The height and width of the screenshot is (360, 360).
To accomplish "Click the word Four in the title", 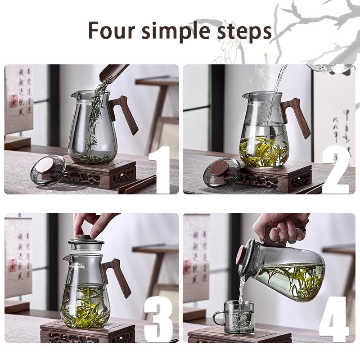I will (107, 30).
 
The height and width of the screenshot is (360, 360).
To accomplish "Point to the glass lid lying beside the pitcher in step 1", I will (47, 170).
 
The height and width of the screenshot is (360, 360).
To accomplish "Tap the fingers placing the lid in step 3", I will (94, 223).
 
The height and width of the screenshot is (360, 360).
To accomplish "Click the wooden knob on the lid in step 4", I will (242, 254).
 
